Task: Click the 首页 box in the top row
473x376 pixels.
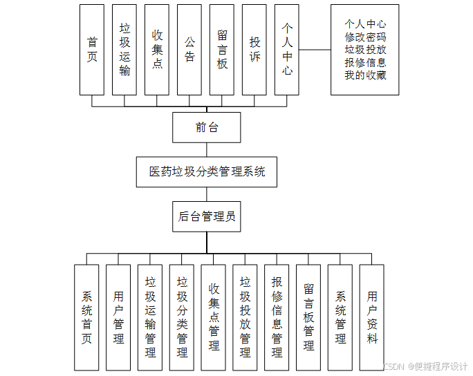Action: click(x=92, y=50)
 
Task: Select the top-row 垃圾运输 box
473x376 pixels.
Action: click(x=124, y=50)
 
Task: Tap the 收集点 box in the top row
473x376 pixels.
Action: click(x=157, y=50)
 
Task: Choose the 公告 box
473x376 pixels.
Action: click(x=189, y=50)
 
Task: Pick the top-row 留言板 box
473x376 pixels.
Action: click(x=222, y=50)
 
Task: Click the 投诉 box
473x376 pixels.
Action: click(x=254, y=50)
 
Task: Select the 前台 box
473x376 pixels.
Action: click(x=207, y=127)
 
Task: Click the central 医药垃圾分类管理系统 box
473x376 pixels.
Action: click(x=207, y=171)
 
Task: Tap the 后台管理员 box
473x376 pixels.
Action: click(x=207, y=216)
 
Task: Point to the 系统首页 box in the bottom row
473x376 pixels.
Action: click(x=86, y=317)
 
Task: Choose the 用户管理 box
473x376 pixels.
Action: click(x=118, y=317)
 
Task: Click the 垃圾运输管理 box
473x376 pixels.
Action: click(x=150, y=317)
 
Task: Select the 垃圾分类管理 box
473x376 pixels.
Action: click(x=182, y=317)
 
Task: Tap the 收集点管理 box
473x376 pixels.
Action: click(x=214, y=317)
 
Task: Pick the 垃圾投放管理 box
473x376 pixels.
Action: click(x=245, y=317)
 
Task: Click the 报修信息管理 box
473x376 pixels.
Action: click(x=277, y=317)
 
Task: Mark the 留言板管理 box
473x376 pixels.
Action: click(x=308, y=317)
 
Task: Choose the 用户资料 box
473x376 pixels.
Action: click(x=372, y=317)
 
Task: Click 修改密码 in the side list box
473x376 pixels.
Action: click(x=365, y=37)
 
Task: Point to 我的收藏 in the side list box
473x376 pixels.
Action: click(x=365, y=75)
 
